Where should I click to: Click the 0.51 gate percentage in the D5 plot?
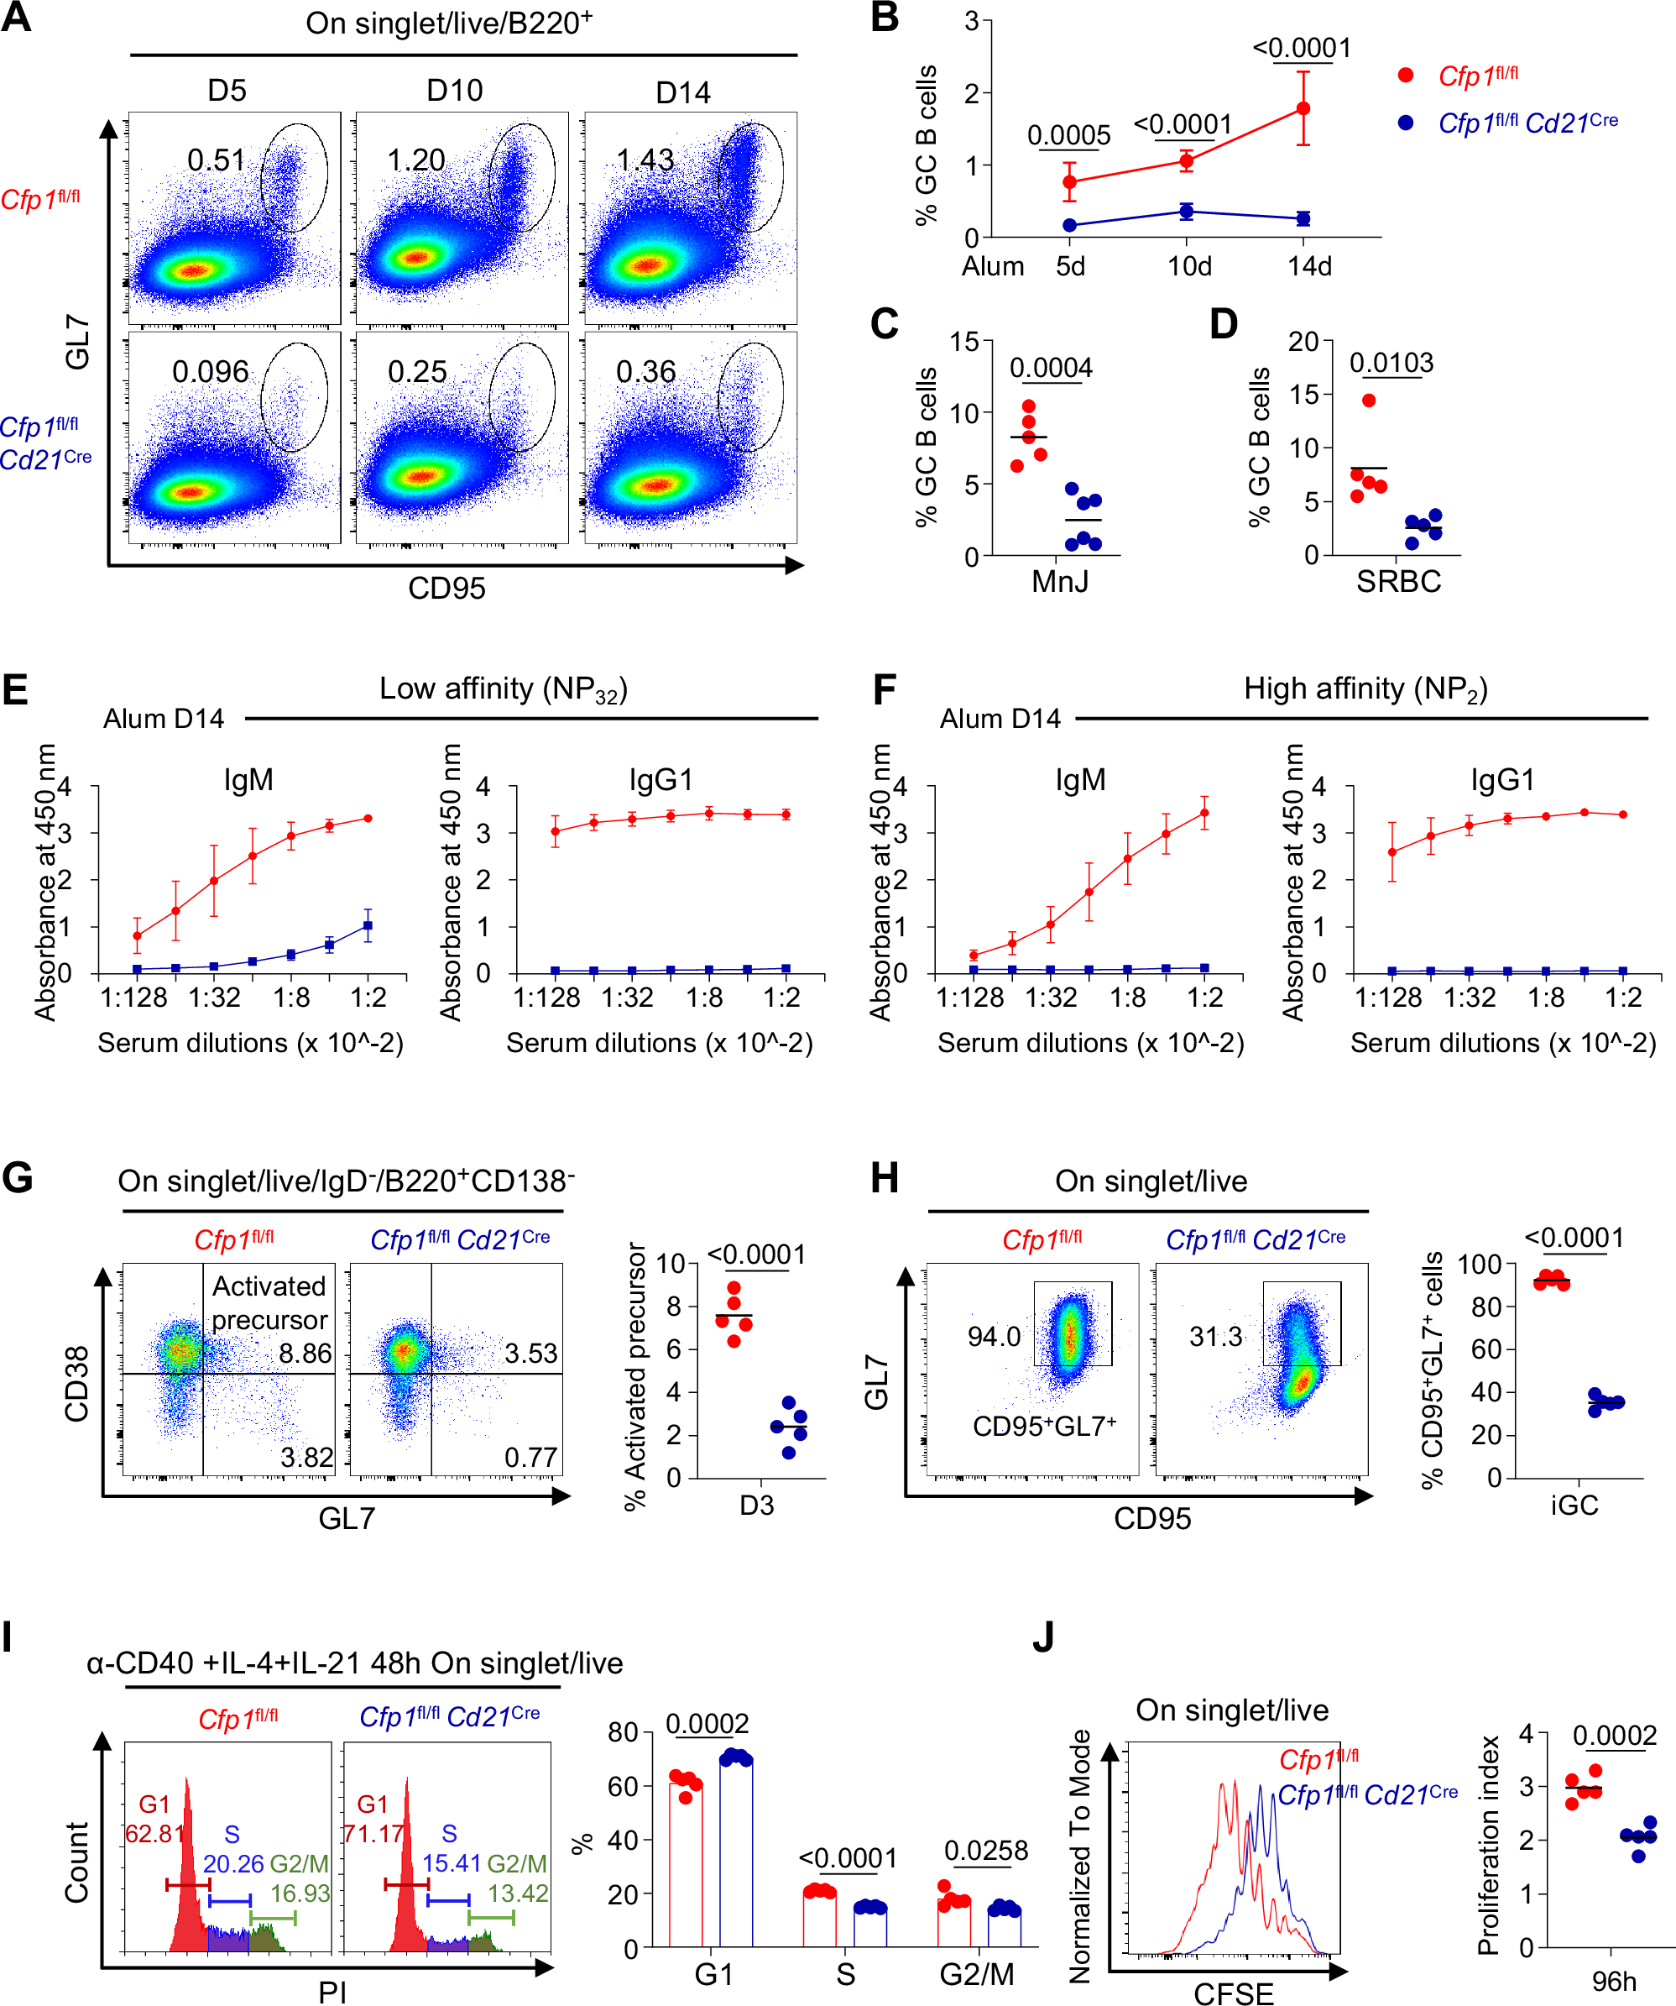point(216,160)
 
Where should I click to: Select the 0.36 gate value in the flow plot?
point(645,372)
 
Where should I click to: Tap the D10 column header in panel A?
point(455,92)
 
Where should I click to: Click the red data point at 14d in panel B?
point(1303,109)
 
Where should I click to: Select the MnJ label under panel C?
point(1059,581)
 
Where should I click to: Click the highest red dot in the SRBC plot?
point(1369,401)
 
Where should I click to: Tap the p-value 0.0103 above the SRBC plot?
point(1391,363)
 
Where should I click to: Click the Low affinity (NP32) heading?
point(504,689)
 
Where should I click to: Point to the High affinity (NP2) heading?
point(1365,689)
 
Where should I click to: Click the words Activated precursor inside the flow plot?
point(269,1303)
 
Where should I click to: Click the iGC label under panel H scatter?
point(1574,1506)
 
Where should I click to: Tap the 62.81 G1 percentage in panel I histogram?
point(153,1834)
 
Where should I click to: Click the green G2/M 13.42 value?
point(518,1893)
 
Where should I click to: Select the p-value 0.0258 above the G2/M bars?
point(985,1851)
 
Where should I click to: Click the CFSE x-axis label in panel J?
point(1233,1993)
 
